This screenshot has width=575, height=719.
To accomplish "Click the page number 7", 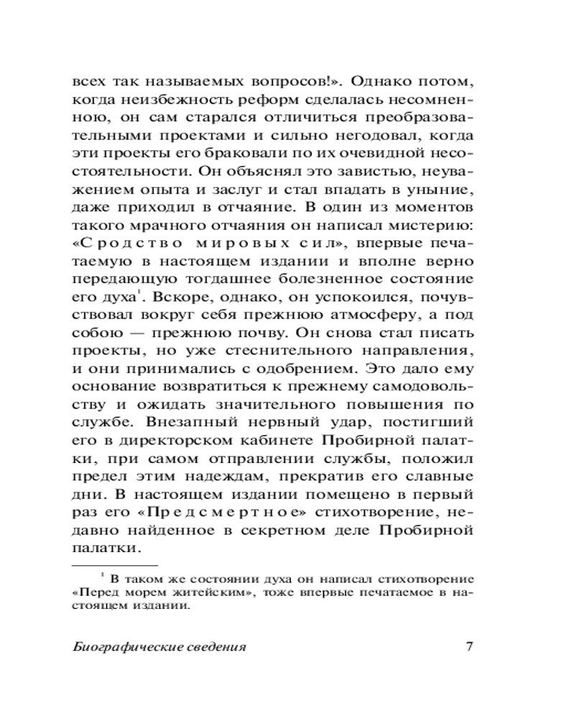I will [x=469, y=646].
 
